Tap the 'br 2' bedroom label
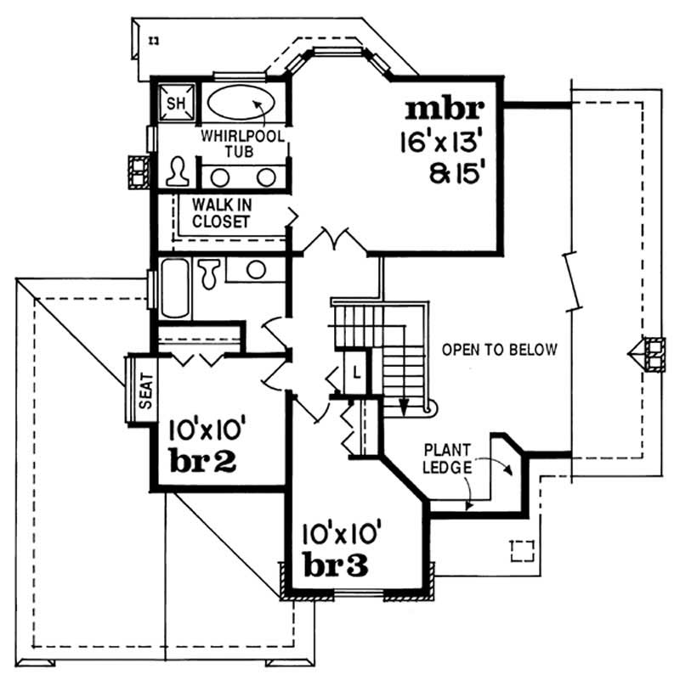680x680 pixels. [203, 463]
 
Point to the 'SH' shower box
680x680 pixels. [174, 104]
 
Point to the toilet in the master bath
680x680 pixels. [178, 172]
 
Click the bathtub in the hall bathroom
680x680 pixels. [176, 289]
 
